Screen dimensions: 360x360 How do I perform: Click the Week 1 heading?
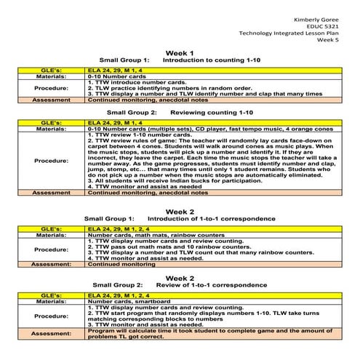[x=180, y=54]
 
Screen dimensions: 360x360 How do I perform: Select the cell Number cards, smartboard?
[x=128, y=302]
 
